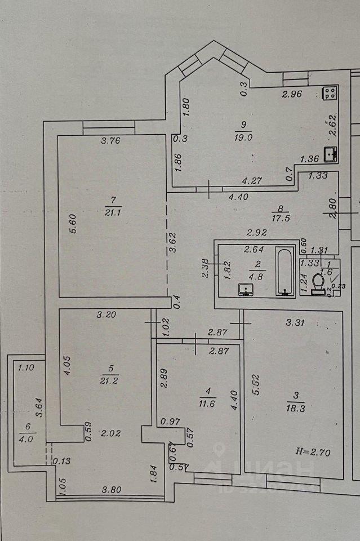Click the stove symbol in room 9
(x=330, y=92)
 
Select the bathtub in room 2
(x=285, y=273)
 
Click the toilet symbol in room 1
(x=317, y=282)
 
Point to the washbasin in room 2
(x=246, y=290)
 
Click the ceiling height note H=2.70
(x=314, y=450)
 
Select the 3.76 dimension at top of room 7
(x=111, y=141)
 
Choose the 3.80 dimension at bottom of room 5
(x=110, y=490)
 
